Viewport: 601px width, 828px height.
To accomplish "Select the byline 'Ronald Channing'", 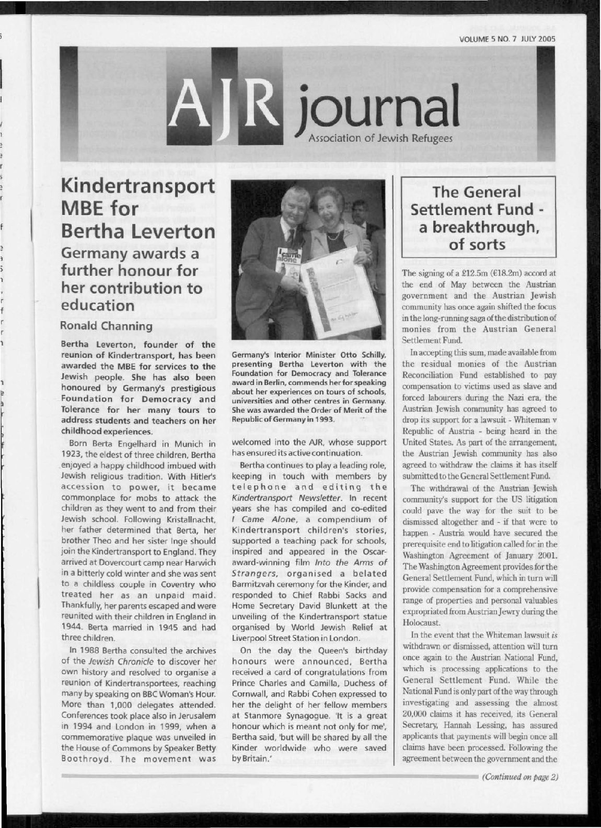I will coord(107,326).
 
